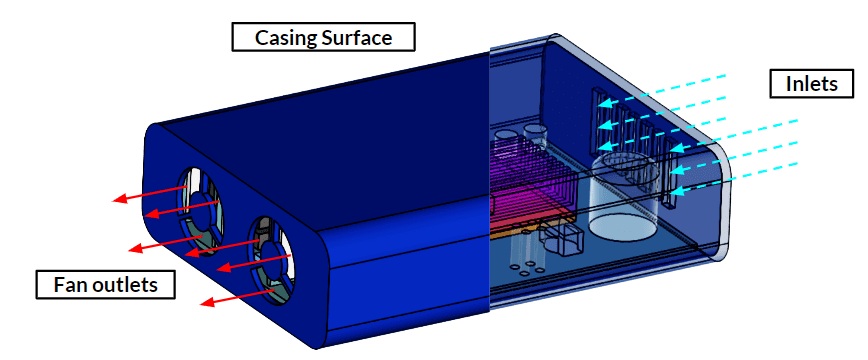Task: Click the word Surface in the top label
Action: pyautogui.click(x=363, y=38)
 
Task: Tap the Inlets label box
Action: pyautogui.click(x=811, y=83)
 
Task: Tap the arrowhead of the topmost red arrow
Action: pyautogui.click(x=117, y=199)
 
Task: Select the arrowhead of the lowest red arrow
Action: pyautogui.click(x=206, y=301)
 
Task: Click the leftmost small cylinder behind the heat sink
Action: pyautogui.click(x=504, y=135)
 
